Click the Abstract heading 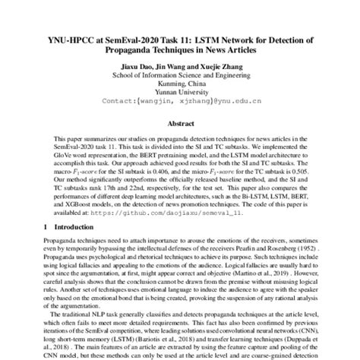click(x=180, y=123)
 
